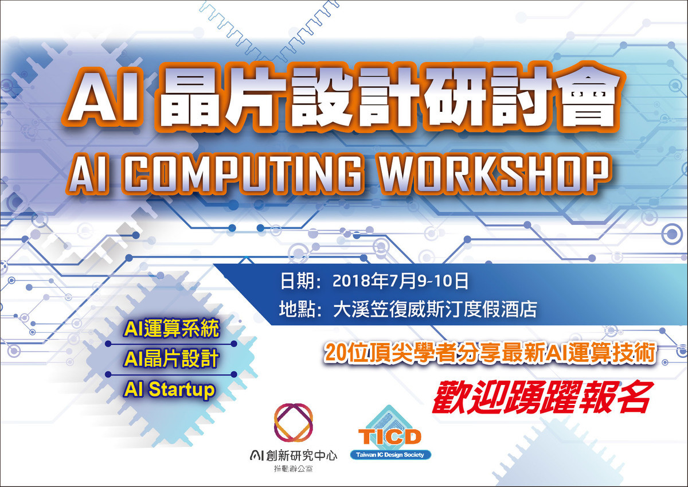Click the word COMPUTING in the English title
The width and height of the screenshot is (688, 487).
243,174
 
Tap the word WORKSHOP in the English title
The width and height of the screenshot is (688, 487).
494,174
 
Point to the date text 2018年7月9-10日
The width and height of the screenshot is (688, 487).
400,281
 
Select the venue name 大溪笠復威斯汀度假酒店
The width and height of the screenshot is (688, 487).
435,309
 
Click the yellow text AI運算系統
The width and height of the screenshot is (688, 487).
171,329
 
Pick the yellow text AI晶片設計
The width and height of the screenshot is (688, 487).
171,359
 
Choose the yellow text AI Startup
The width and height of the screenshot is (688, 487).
169,390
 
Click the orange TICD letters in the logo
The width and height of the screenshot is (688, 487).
389,437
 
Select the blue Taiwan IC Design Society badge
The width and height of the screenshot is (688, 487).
390,455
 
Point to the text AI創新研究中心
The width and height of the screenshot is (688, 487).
294,455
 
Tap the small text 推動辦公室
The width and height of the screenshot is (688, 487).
294,469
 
